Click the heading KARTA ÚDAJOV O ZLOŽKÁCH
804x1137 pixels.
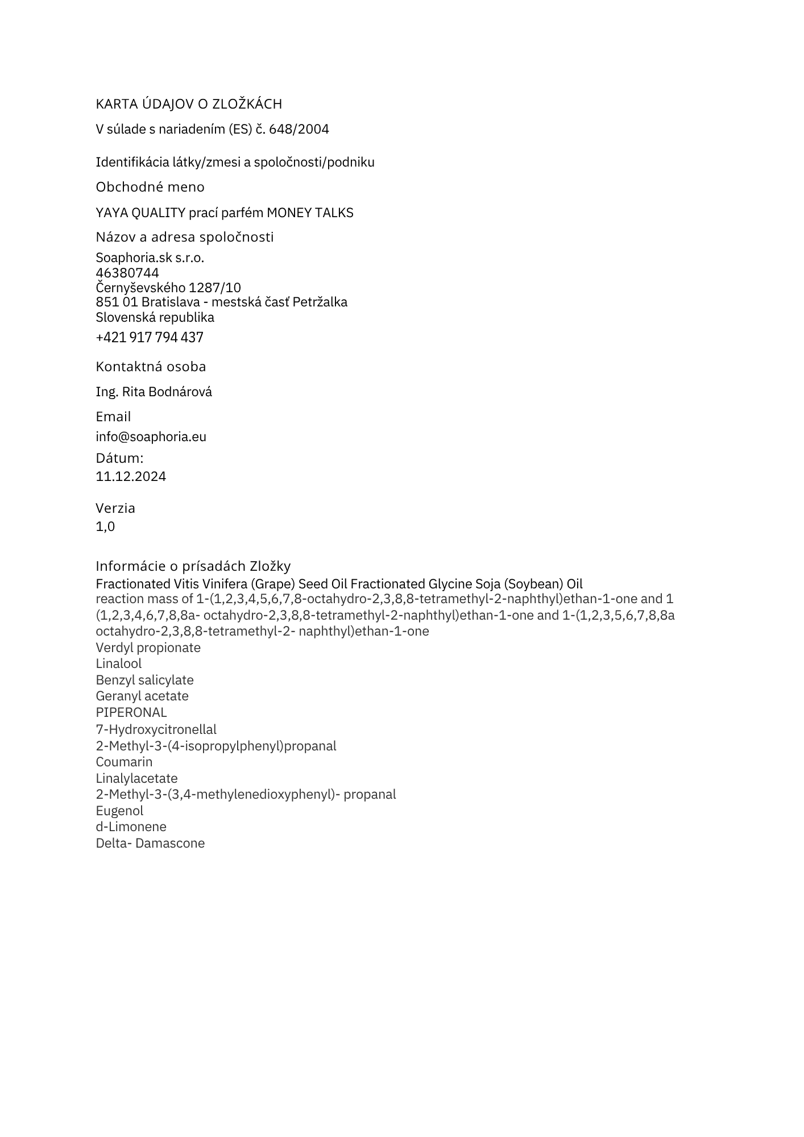click(x=189, y=104)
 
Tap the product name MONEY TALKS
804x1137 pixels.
click(x=310, y=213)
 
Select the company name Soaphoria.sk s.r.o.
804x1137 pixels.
click(x=150, y=258)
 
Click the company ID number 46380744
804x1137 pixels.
click(x=127, y=273)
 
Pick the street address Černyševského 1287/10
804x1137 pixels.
click(x=168, y=288)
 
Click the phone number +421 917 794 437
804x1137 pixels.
click(x=150, y=338)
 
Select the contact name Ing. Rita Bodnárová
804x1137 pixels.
click(x=154, y=392)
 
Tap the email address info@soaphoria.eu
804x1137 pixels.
click(x=151, y=437)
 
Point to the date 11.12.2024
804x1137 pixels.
click(x=131, y=476)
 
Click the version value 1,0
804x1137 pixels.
click(x=105, y=526)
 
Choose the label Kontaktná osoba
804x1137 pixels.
click(x=151, y=367)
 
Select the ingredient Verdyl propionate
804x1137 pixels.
click(x=148, y=648)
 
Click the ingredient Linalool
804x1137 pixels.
click(x=119, y=663)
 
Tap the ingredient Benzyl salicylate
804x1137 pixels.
click(x=144, y=680)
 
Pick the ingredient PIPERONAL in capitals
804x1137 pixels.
click(x=131, y=712)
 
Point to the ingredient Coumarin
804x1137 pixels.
click(x=124, y=762)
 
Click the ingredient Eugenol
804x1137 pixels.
click(x=119, y=811)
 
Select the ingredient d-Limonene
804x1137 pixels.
click(x=131, y=827)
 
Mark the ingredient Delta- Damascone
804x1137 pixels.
click(x=150, y=843)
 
